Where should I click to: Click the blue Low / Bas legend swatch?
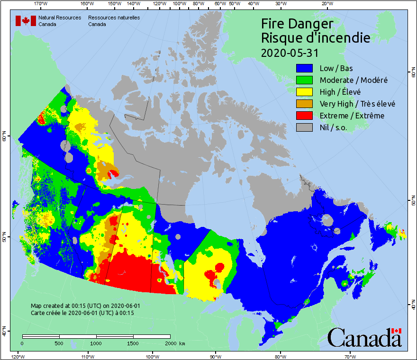click(304, 68)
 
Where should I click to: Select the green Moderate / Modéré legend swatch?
click(304, 80)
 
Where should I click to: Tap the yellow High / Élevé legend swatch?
click(304, 92)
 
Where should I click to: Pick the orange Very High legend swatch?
click(304, 104)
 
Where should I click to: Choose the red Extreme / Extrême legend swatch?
click(304, 116)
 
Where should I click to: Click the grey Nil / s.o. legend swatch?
click(304, 127)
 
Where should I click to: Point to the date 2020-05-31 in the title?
click(290, 53)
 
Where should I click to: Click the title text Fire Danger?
click(297, 24)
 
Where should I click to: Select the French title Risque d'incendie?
click(316, 38)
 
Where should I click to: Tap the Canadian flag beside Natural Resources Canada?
click(26, 21)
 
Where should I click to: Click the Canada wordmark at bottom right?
click(364, 337)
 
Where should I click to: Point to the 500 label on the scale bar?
click(59, 343)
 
